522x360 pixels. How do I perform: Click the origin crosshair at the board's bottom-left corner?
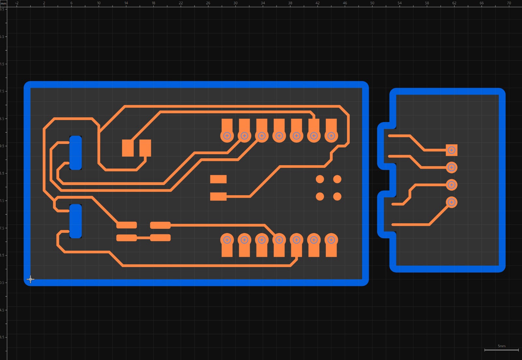[x=30, y=279]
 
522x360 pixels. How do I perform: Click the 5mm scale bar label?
[x=501, y=346]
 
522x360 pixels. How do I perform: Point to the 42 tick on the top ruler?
[x=317, y=3]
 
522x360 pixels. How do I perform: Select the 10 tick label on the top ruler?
[x=99, y=3]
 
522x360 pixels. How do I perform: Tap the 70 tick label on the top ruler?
[x=509, y=3]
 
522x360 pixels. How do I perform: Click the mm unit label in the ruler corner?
[x=3, y=3]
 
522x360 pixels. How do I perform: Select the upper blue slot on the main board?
[x=76, y=153]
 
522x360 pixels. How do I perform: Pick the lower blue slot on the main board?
[x=76, y=221]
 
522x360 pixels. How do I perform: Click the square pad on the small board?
[x=452, y=150]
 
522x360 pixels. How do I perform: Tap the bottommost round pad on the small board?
[x=452, y=202]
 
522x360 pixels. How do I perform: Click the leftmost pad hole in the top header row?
[x=227, y=136]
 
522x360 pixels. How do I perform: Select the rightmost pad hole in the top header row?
[x=331, y=136]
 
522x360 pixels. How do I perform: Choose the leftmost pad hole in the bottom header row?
[x=227, y=240]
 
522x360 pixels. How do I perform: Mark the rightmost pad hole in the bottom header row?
[x=331, y=240]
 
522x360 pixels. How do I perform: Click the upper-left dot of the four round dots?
[x=320, y=179]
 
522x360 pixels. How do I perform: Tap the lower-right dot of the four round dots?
[x=337, y=196]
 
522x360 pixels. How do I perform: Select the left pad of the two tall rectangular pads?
[x=128, y=148]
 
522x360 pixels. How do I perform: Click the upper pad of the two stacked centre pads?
[x=218, y=179]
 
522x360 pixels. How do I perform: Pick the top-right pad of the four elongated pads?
[x=160, y=225]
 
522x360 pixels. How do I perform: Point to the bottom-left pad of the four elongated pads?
[x=127, y=238]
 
